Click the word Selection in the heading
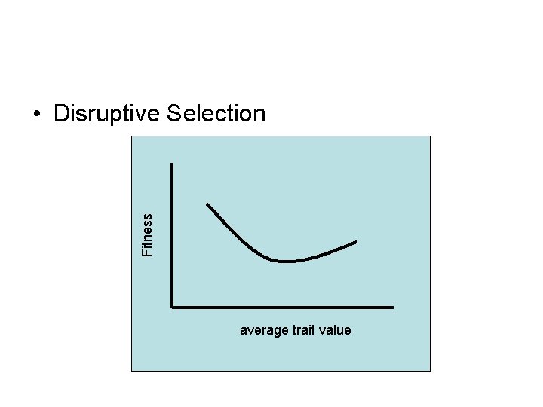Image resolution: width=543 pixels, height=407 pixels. (x=216, y=114)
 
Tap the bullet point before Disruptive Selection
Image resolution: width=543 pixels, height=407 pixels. (x=36, y=115)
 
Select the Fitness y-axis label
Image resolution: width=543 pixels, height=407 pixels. (x=148, y=234)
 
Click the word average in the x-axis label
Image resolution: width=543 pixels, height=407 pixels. (x=261, y=330)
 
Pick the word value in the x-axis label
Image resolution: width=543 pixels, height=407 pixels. (x=336, y=330)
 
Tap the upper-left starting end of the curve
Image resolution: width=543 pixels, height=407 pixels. (x=208, y=204)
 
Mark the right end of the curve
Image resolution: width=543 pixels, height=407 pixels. (x=356, y=242)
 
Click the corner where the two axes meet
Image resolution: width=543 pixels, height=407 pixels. (x=173, y=307)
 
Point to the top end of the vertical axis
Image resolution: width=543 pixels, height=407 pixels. (x=173, y=164)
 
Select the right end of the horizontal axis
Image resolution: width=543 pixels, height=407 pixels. (x=392, y=307)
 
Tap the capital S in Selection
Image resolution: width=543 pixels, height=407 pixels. (x=173, y=114)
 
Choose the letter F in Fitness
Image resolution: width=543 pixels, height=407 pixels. (x=148, y=251)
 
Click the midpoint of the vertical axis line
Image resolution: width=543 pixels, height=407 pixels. (x=173, y=235)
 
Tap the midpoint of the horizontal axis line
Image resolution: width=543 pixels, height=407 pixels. (x=283, y=307)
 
